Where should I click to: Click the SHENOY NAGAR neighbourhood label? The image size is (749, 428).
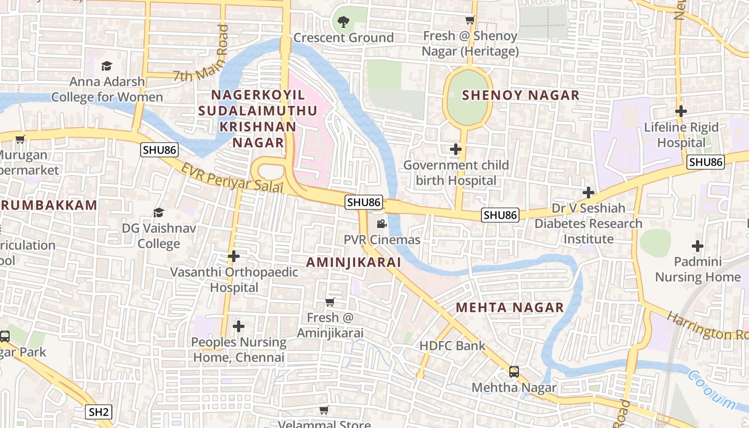point(520,96)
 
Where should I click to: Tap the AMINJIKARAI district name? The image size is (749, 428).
point(354,262)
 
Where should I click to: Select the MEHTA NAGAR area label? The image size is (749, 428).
point(510,308)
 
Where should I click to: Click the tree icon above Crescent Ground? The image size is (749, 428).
point(343,22)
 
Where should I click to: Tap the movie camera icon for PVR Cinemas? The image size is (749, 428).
point(381,224)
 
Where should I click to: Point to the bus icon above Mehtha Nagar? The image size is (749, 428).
point(514,371)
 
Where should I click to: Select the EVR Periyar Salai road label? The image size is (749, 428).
point(231,179)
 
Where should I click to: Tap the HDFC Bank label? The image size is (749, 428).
point(452,346)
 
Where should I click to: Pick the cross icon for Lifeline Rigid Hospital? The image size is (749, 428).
point(681,111)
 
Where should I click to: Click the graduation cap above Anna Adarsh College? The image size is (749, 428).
point(106,66)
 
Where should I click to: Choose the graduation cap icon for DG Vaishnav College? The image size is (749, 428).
point(158,213)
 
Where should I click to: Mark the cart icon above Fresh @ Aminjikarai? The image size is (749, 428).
point(330,302)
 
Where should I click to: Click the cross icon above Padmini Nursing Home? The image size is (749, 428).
point(697,246)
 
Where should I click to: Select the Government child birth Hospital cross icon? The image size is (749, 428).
point(456,149)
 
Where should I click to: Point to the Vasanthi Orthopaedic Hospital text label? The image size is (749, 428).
point(234,280)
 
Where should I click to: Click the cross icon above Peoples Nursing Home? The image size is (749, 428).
point(239,326)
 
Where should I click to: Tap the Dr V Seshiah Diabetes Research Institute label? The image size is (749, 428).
point(588,224)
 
